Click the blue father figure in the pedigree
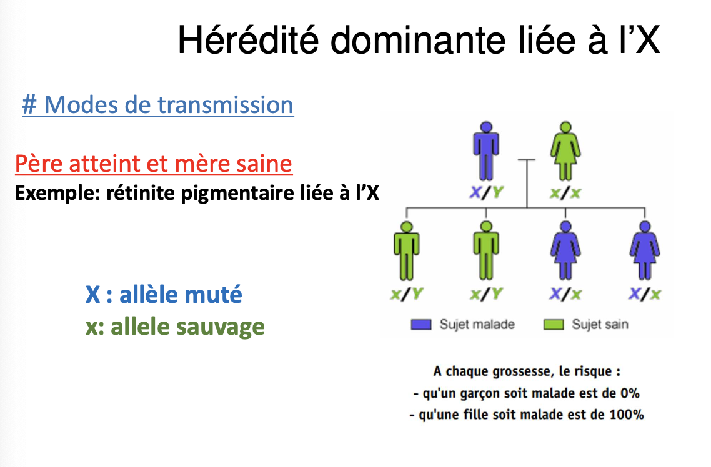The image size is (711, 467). pos(486,151)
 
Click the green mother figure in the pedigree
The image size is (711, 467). pos(565,151)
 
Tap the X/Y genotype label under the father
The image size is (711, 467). pos(486,193)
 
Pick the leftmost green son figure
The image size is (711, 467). pos(406,251)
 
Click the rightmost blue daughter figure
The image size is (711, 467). pos(644,251)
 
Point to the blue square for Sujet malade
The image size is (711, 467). pos(421,325)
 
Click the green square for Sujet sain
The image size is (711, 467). pos(553,325)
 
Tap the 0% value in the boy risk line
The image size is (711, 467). pos(630,393)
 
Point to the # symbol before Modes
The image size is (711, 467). pos(29,105)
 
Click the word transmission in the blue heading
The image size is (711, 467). pos(226,105)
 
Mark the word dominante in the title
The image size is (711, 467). pos(417,40)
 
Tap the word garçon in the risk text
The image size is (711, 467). pos(480,393)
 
